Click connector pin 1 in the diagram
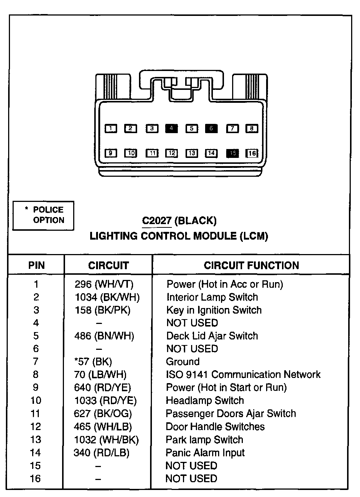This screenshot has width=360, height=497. pyautogui.click(x=111, y=129)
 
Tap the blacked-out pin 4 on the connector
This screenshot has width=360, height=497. pyautogui.click(x=171, y=129)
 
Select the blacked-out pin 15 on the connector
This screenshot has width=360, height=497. pyautogui.click(x=232, y=153)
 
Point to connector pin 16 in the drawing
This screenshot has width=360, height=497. pyautogui.click(x=252, y=153)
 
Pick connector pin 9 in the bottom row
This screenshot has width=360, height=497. pyautogui.click(x=111, y=153)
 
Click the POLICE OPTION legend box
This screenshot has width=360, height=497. pyautogui.click(x=44, y=215)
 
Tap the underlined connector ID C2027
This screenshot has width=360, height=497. pyautogui.click(x=157, y=221)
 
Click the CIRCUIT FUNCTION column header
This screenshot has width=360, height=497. pyautogui.click(x=251, y=266)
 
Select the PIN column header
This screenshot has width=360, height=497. pyautogui.click(x=36, y=266)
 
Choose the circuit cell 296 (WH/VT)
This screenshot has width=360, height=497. pyautogui.click(x=104, y=284)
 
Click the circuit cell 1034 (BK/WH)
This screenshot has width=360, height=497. pyautogui.click(x=107, y=297)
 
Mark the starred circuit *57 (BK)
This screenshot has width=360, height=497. pyautogui.click(x=93, y=362)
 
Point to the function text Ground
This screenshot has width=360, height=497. pyautogui.click(x=183, y=362)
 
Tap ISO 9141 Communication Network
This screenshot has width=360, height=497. pyautogui.click(x=243, y=375)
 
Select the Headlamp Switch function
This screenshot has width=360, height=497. pyautogui.click(x=205, y=400)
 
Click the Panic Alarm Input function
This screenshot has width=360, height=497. pyautogui.click(x=205, y=453)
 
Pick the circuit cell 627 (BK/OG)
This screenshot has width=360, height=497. pyautogui.click(x=103, y=414)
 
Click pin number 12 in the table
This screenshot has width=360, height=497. pyautogui.click(x=35, y=427)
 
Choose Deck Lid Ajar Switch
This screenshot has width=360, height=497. pyautogui.click(x=212, y=336)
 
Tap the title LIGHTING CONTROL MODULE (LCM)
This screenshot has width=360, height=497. pyautogui.click(x=179, y=236)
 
